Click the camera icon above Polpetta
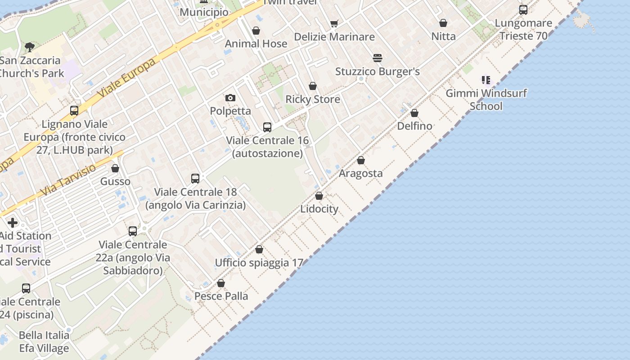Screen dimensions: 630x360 (x=230, y=98)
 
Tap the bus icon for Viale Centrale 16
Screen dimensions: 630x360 (x=267, y=127)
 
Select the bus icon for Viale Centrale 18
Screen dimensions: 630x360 (x=195, y=179)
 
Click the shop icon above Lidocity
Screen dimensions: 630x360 (x=319, y=196)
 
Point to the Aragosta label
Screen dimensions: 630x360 (x=360, y=173)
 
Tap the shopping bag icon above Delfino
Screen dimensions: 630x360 (x=414, y=113)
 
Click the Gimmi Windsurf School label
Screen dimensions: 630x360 (x=486, y=100)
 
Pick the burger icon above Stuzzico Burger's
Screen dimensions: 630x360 (x=377, y=58)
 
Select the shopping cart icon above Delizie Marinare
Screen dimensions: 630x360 (x=334, y=23)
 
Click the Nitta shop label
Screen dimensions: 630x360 (x=443, y=36)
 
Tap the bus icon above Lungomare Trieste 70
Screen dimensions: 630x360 (x=523, y=10)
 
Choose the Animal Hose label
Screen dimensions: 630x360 (x=256, y=44)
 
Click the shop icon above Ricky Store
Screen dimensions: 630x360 (x=313, y=86)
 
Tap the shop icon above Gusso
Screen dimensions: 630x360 (x=115, y=168)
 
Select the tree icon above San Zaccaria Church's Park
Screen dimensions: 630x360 (x=30, y=46)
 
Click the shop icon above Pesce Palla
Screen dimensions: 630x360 (x=221, y=283)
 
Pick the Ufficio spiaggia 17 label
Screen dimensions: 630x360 (x=259, y=263)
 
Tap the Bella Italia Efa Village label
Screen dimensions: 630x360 (x=44, y=342)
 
